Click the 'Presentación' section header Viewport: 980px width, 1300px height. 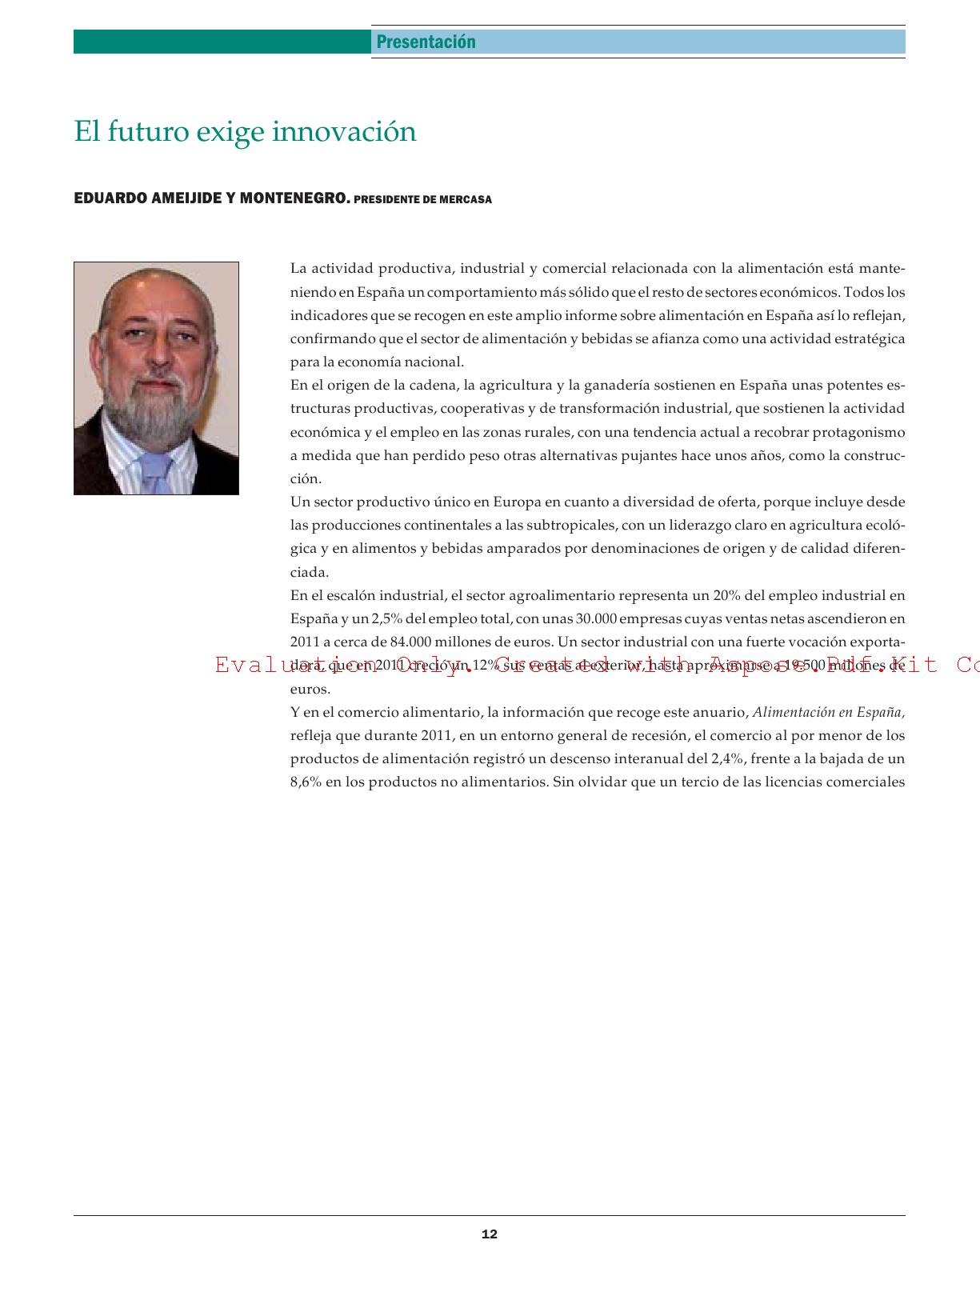pyautogui.click(x=426, y=42)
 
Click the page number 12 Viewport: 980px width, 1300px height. pyautogui.click(x=490, y=1234)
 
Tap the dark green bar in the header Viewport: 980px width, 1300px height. pyautogui.click(x=222, y=42)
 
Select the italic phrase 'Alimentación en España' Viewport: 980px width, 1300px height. pyautogui.click(x=828, y=712)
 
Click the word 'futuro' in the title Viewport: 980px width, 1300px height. pyautogui.click(x=147, y=131)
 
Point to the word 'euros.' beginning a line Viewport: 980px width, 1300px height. pyautogui.click(x=310, y=689)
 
